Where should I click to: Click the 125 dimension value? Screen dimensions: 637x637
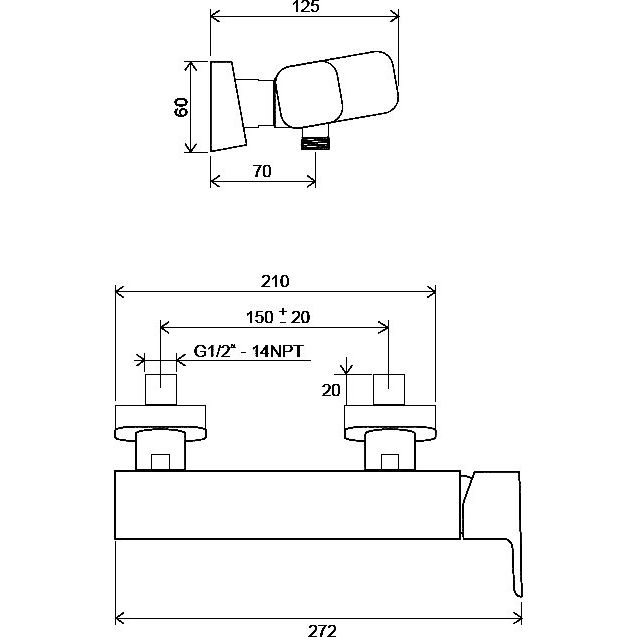coord(306,6)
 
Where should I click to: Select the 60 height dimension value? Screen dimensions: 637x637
coord(181,107)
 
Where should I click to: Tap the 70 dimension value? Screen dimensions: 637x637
coord(262,171)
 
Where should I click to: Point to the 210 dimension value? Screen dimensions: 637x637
coord(275,281)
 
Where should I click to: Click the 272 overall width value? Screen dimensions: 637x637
coord(322,631)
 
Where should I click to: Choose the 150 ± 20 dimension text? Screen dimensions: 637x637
coord(278,316)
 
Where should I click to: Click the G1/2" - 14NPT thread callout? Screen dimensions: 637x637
coord(249,351)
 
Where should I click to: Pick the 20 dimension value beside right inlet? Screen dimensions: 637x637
coord(331,390)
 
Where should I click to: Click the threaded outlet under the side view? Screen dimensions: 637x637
coord(315,143)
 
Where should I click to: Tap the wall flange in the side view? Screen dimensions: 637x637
coord(228,106)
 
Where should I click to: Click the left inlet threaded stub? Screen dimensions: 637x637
coord(161,389)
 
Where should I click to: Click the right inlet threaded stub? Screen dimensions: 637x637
coord(389,389)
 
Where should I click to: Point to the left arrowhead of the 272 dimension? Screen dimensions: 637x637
coord(120,619)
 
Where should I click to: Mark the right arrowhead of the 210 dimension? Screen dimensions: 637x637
coord(431,292)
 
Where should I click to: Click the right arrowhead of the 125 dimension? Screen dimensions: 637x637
coord(394,17)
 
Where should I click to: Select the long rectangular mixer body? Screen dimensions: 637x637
coord(287,505)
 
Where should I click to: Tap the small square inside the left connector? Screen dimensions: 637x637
coord(160,462)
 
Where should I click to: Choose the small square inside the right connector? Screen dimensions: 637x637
coord(390,462)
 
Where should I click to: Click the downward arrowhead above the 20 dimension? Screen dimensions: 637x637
coord(346,368)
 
